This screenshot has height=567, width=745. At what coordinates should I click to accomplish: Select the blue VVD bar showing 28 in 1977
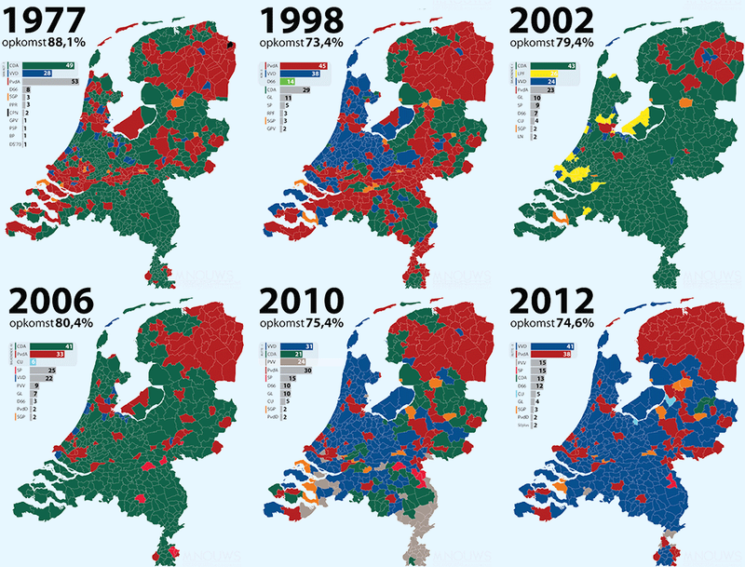[42, 74]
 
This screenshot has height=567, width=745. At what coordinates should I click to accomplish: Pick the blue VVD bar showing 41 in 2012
[551, 345]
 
